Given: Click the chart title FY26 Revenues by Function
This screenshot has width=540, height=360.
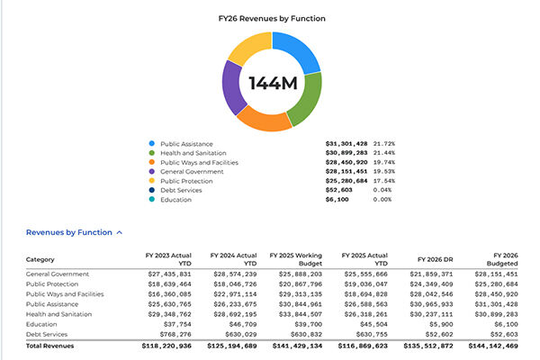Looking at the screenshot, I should (269, 17).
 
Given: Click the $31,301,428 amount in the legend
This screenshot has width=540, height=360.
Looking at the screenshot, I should (346, 144).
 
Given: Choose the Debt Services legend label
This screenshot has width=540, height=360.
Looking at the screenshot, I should (181, 190).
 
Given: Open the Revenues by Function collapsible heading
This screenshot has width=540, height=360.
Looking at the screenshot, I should (68, 232).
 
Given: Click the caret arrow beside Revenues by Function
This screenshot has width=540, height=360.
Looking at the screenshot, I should (120, 232).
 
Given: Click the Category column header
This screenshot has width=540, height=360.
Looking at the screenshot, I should (41, 261).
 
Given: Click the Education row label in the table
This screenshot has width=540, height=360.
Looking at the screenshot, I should (42, 325).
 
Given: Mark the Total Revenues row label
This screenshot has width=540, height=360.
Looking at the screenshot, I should (50, 346).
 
